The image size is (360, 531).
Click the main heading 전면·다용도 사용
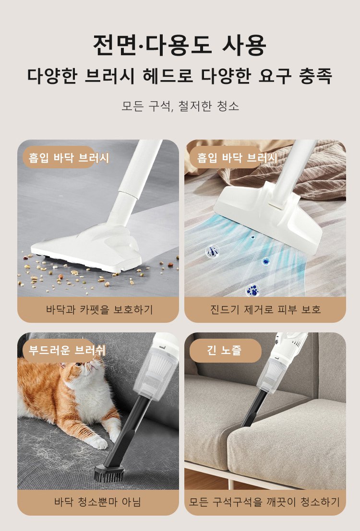tap(180, 45)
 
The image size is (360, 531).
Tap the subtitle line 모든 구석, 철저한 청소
tap(180, 106)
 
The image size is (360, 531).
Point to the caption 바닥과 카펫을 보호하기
tap(99, 309)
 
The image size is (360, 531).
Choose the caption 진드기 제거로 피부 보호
tap(265, 309)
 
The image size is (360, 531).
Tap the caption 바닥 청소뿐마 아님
tap(97, 502)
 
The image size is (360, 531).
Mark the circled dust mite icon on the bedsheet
tap(213, 251)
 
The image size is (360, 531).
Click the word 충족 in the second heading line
tap(315, 76)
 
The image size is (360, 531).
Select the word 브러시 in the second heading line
tap(109, 76)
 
